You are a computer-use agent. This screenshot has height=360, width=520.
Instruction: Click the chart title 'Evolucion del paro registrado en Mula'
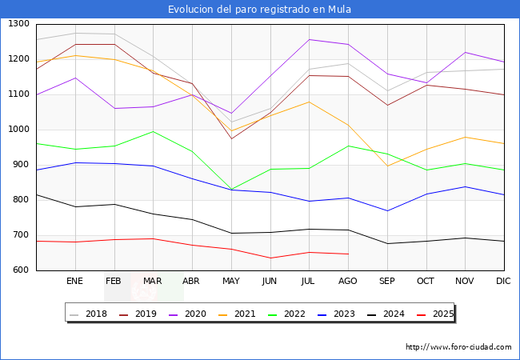coord(259,10)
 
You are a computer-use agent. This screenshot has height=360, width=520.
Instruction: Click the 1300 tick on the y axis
coord(18,24)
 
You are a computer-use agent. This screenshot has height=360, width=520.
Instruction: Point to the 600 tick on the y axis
coord(21,270)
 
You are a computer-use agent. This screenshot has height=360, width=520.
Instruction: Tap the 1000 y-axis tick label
coord(18,130)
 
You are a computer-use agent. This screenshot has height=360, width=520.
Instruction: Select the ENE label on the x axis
coord(74,282)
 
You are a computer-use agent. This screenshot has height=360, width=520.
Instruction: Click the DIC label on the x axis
coord(503,282)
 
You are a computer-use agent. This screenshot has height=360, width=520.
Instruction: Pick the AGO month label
coord(348,282)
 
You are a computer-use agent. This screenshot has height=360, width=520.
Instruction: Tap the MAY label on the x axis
coord(230,282)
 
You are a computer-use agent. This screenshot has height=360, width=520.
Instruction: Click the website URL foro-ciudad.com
coord(458,347)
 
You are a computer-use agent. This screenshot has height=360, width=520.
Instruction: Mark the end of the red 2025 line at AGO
coord(348,254)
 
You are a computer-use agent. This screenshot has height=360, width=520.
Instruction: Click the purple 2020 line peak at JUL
coord(309,39)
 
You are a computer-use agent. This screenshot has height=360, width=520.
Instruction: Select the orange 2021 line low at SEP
coord(387,166)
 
